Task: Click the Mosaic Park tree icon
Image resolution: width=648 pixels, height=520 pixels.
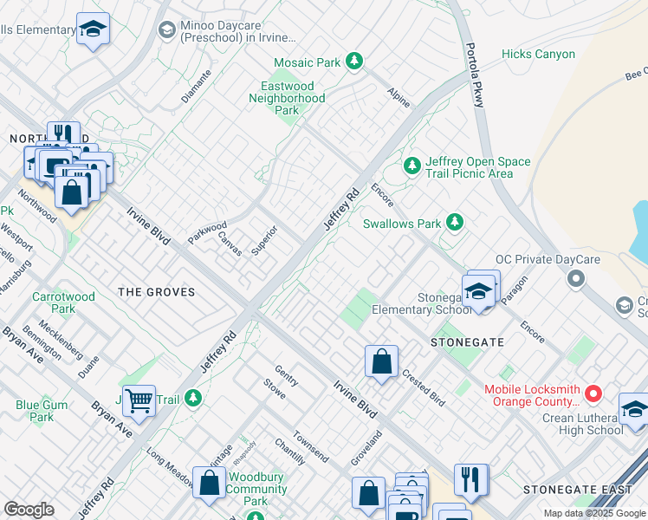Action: [x=353, y=62]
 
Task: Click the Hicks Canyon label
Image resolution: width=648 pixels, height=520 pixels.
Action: [x=538, y=55]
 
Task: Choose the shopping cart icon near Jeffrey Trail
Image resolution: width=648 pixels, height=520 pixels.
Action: [x=139, y=400]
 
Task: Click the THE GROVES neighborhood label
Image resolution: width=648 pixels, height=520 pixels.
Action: [x=157, y=293]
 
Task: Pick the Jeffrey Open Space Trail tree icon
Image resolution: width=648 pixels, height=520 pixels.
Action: [x=412, y=165]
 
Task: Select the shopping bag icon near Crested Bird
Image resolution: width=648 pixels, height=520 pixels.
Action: [x=381, y=362]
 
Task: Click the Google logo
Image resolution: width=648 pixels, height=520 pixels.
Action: [x=29, y=510]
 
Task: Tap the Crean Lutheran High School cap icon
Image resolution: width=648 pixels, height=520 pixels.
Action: [x=633, y=410]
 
